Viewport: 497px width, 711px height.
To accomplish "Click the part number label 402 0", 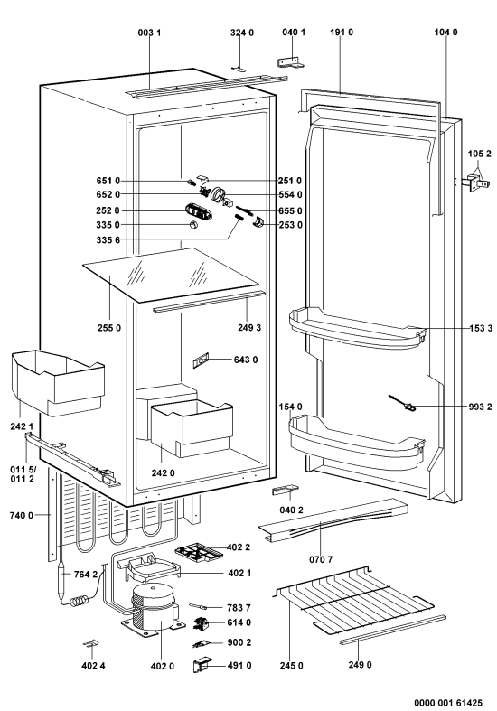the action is click(x=162, y=666).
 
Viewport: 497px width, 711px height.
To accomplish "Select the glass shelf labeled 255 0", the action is click(x=173, y=274).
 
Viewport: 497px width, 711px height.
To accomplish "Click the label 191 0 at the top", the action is click(x=341, y=33).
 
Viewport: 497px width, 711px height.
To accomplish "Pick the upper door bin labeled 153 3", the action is click(x=357, y=328).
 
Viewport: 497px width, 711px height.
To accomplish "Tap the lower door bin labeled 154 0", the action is click(x=356, y=438).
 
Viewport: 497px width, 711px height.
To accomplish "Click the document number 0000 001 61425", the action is click(x=447, y=702).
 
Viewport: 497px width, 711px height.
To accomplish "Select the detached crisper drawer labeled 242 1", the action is click(x=58, y=382).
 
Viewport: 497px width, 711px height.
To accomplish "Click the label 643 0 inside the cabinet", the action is click(x=246, y=360).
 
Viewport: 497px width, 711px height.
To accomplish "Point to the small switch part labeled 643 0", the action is click(x=201, y=360).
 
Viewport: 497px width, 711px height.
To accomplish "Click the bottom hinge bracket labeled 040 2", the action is click(x=285, y=491).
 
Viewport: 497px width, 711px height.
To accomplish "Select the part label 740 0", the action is click(x=22, y=515).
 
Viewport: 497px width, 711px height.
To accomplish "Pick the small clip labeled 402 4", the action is click(x=90, y=643).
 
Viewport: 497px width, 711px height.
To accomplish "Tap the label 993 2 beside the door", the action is click(x=480, y=407).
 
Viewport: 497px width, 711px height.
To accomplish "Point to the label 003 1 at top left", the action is click(x=149, y=33).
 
